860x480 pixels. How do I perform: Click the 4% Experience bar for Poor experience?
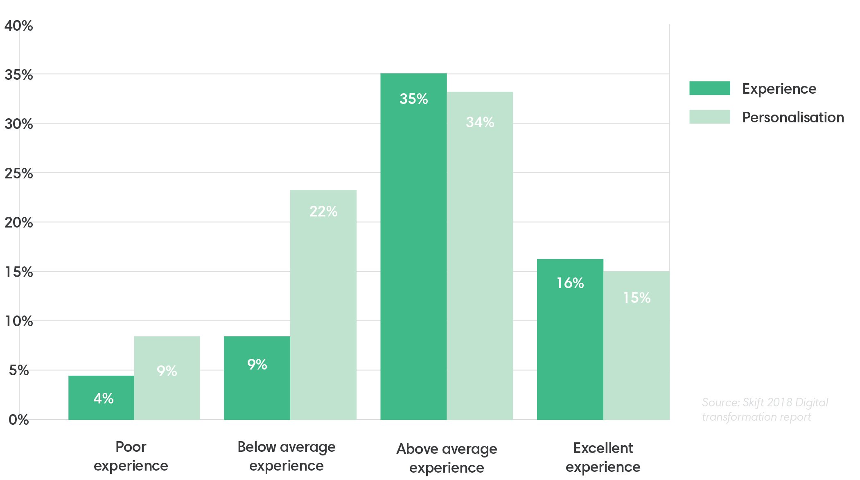point(101,397)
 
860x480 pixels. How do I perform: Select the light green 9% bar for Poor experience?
point(167,378)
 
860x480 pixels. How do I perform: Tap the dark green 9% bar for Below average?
point(257,378)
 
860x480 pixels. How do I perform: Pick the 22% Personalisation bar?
point(323,304)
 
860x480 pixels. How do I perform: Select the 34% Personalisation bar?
point(480,256)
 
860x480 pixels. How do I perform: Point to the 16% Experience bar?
point(570,339)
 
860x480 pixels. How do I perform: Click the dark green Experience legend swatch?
point(709,88)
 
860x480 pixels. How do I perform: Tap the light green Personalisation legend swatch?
point(709,117)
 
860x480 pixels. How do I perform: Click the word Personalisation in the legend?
point(793,117)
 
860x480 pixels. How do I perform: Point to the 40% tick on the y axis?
point(18,26)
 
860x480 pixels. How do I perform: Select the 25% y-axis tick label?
point(18,174)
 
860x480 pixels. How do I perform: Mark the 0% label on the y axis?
point(18,420)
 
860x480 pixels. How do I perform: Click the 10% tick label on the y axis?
point(18,321)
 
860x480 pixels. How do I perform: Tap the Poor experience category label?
point(131,456)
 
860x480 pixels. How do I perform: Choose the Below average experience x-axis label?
point(286,456)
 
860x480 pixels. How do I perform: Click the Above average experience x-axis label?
point(447,458)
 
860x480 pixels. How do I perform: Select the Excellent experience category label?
point(603,457)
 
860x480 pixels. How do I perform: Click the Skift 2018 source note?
point(764,410)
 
